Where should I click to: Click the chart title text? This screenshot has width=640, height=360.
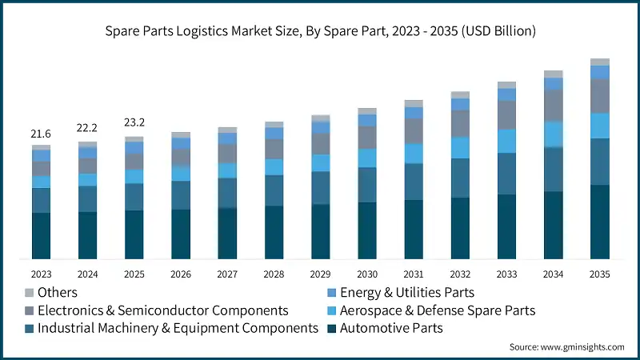tap(320, 31)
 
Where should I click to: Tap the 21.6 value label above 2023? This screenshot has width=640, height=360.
tap(41, 133)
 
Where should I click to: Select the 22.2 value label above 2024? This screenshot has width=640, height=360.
tap(87, 129)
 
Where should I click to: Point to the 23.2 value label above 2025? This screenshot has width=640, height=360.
tap(134, 123)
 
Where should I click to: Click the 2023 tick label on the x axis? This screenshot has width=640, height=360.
tap(41, 274)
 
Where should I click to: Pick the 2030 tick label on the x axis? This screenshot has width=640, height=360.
tap(366, 274)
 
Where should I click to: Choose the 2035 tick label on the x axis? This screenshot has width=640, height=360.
tap(599, 274)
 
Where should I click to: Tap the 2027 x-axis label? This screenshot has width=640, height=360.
tap(227, 274)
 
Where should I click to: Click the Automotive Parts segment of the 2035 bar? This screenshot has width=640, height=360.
tap(599, 222)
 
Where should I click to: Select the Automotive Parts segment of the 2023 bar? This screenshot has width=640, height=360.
tap(41, 235)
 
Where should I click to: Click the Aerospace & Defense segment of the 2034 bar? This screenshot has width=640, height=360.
tap(553, 134)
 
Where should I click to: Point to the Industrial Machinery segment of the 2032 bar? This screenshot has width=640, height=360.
tap(460, 178)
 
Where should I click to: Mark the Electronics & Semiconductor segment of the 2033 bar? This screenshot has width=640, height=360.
tap(506, 115)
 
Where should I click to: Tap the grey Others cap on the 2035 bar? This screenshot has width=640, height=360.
tap(599, 62)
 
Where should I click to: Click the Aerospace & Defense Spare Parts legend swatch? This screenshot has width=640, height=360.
tap(330, 310)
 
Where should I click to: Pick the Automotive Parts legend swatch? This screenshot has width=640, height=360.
tap(330, 328)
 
